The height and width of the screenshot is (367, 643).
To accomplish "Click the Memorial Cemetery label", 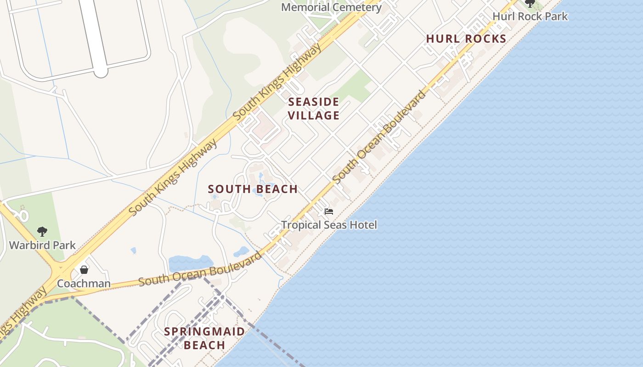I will coord(331,7).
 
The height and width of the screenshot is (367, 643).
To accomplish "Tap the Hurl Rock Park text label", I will coord(530,17).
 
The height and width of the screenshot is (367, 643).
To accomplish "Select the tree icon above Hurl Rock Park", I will coord(530,4).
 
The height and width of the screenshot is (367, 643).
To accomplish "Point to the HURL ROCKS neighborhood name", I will coord(466,39).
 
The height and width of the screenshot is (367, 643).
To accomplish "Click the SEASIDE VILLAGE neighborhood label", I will coord(314,109).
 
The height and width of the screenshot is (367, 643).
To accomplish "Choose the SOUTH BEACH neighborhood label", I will coord(253,189).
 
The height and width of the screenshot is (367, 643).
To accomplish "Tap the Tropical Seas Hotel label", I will coord(329,225).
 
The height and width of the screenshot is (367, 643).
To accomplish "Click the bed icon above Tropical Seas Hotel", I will coord(329,211).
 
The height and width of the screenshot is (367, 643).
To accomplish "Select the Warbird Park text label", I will coord(42,245).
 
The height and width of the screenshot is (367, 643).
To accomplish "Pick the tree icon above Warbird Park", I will coord(42,232).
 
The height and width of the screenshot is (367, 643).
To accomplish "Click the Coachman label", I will coord(84,284).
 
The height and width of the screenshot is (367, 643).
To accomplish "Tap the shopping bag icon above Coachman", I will coord(84,270).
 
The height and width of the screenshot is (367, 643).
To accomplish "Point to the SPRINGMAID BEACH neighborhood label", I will coord(204,338).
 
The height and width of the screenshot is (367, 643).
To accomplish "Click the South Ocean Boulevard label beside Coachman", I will coord(200,269).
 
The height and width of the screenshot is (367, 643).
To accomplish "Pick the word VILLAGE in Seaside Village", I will coord(314,116).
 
